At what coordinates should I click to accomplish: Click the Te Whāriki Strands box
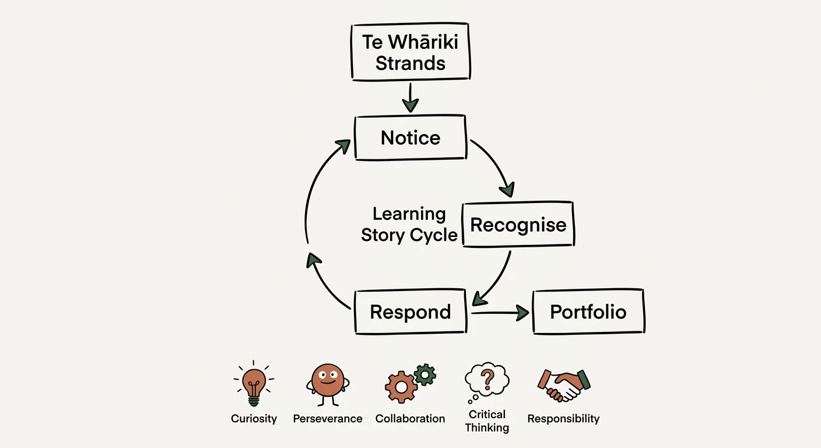click(x=410, y=52)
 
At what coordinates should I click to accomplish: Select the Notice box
click(x=410, y=138)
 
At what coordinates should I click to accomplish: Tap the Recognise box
click(x=518, y=225)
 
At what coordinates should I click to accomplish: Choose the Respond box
click(x=410, y=311)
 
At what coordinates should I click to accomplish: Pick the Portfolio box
click(x=588, y=311)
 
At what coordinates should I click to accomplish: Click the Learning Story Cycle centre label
click(x=409, y=225)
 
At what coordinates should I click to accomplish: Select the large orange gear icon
click(x=401, y=386)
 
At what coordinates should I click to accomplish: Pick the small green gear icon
click(x=425, y=374)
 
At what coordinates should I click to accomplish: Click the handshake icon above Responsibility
click(x=563, y=384)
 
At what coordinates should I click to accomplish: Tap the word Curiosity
click(x=254, y=419)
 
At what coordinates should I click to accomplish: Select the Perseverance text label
click(x=327, y=419)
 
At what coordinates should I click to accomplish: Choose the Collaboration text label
click(x=410, y=419)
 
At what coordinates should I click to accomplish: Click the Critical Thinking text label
click(x=487, y=421)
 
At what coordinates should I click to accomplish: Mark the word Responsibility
click(x=563, y=419)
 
